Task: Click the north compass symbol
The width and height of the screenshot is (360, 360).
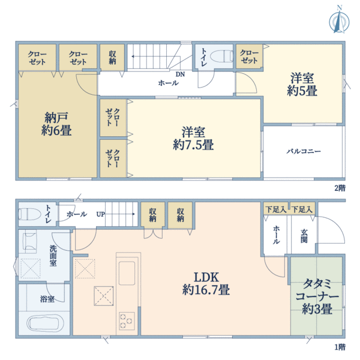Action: click(x=340, y=19)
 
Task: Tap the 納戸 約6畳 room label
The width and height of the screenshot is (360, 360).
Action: click(x=58, y=123)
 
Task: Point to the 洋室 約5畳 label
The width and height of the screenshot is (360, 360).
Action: click(x=304, y=85)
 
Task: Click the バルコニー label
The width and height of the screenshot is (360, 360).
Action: click(x=303, y=151)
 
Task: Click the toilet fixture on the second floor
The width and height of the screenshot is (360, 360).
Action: click(x=222, y=57)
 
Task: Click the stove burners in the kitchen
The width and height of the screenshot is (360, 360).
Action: click(x=127, y=320)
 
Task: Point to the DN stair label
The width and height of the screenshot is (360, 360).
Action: click(x=180, y=74)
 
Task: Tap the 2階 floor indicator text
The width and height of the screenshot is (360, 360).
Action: click(x=340, y=187)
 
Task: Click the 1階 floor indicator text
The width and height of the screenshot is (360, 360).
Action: click(x=340, y=347)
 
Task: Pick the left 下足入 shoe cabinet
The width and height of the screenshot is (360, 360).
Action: click(x=276, y=209)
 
